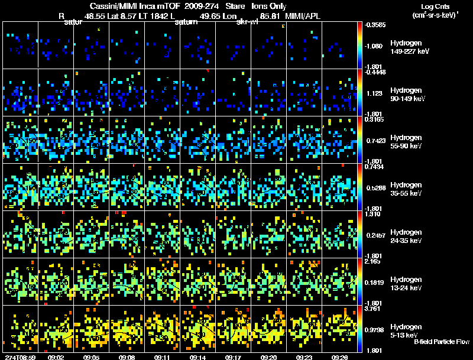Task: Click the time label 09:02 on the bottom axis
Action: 56,356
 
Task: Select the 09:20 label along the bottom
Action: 268,356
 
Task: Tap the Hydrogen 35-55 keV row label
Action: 407,189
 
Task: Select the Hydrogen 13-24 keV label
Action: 407,284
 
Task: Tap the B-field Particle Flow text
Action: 441,342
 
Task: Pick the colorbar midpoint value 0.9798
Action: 375,329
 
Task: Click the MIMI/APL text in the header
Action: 303,16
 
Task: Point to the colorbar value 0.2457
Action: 375,235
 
